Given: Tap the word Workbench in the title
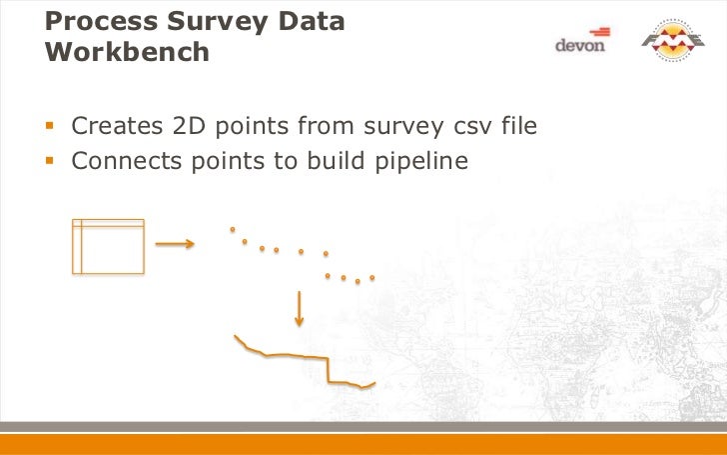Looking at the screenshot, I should tap(128, 52).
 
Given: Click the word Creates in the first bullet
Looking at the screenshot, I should tap(112, 127).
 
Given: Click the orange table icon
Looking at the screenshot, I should tap(108, 246).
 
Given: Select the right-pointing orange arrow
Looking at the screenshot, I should tap(175, 243).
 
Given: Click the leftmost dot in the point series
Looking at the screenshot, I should tap(233, 229).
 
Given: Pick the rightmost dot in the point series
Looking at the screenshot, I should tap(371, 277).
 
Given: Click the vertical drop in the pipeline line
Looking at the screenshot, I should tap(328, 369).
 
